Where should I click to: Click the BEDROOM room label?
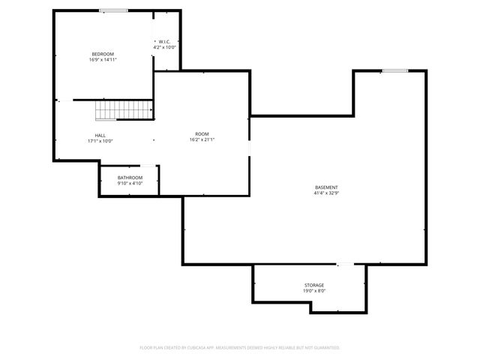coord(103,54)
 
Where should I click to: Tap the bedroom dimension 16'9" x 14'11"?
coord(103,59)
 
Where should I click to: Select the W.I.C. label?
coord(165,42)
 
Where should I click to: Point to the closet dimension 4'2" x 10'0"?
coord(165,47)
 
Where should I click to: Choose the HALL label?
coord(100,135)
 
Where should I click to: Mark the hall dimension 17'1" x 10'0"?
coord(100,140)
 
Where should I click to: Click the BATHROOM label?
coord(130,178)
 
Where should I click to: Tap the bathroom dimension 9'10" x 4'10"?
coord(130,183)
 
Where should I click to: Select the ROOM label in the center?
coord(202,134)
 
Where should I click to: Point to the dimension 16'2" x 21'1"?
coord(202,139)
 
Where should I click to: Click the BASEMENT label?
coord(326,187)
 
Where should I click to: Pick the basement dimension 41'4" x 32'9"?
coord(326,193)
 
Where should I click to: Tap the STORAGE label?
coord(314,285)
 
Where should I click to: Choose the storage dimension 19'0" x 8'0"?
coord(314,290)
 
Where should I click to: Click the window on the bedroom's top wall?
coord(113,10)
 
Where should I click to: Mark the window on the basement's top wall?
coord(394,71)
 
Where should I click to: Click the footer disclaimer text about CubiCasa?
coord(240,347)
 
